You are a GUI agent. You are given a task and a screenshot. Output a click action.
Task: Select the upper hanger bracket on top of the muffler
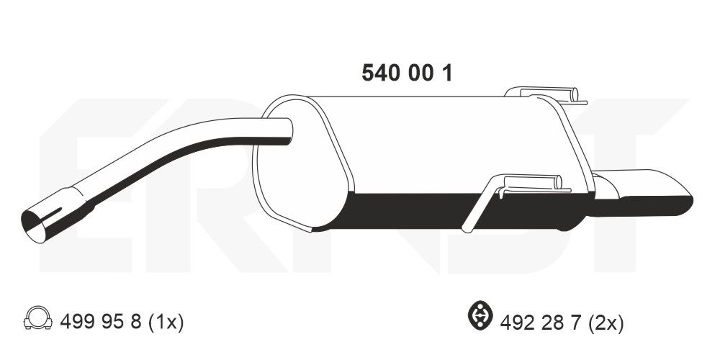pos(540,93)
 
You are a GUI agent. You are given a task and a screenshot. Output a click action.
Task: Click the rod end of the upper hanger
pos(575,94)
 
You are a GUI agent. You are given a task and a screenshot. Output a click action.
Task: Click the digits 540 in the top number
pos(379,73)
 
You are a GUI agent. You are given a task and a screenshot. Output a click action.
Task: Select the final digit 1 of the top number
pos(447,73)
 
